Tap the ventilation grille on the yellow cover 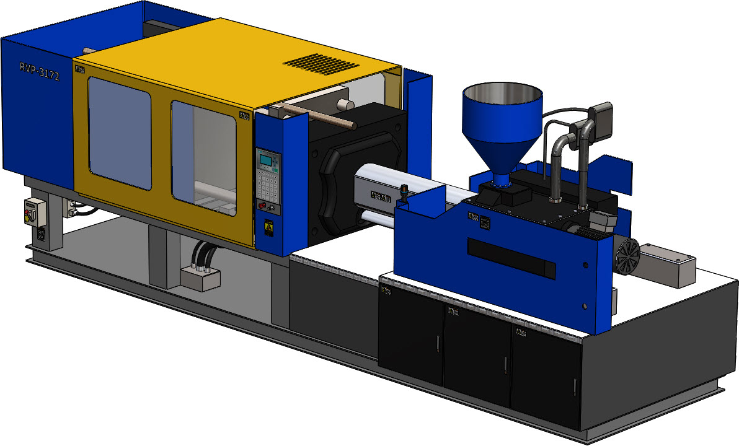click(321, 63)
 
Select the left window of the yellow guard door click(120, 133)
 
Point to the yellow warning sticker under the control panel click(268, 229)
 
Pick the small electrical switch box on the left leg click(35, 214)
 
